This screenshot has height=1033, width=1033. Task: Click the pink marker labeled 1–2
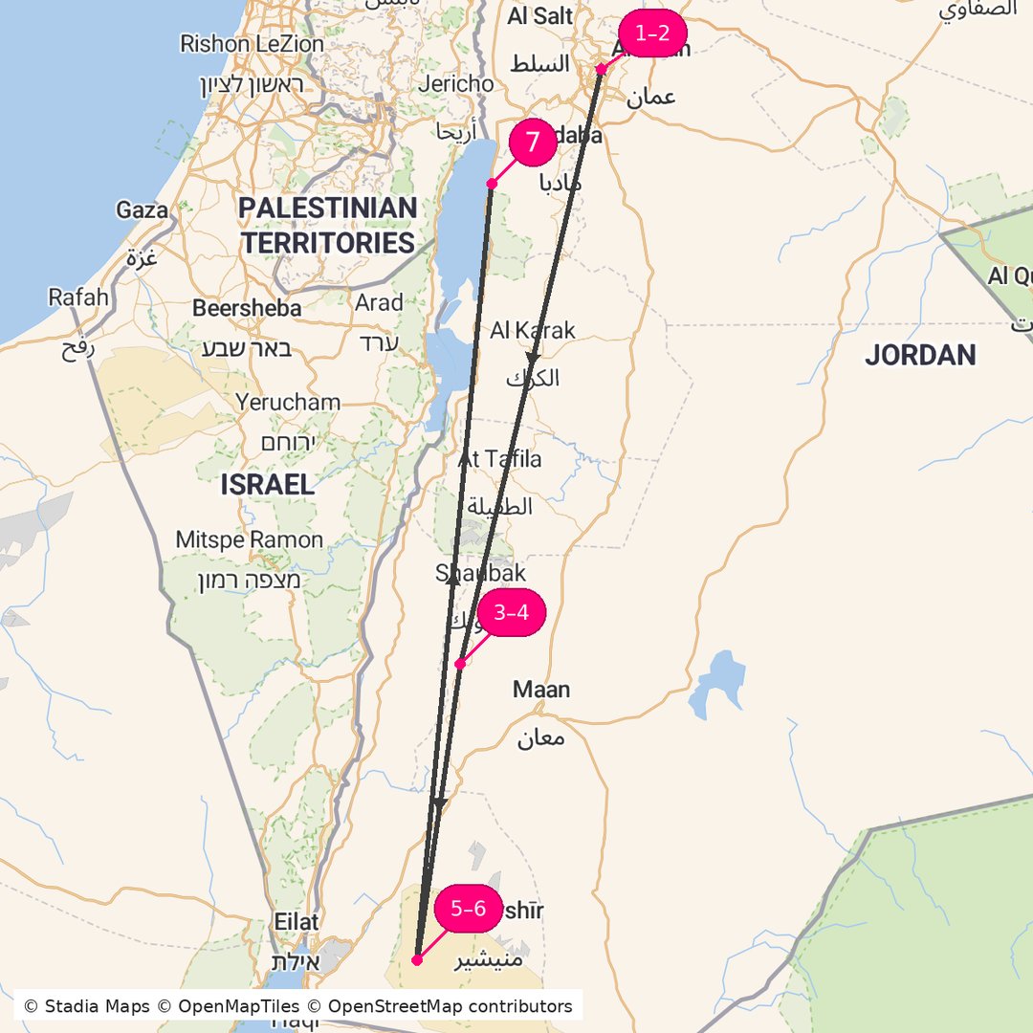[x=652, y=34]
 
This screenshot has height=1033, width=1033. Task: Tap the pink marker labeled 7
[x=533, y=143]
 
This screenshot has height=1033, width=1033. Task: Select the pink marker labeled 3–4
[x=511, y=612]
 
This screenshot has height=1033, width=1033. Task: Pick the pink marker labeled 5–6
[x=468, y=909]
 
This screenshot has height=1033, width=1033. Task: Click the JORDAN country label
[x=920, y=356]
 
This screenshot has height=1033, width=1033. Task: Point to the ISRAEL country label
[x=267, y=485]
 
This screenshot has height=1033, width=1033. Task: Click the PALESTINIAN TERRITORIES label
[x=328, y=226]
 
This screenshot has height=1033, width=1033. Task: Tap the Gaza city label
[x=142, y=210]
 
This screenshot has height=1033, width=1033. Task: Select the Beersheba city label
[x=247, y=308]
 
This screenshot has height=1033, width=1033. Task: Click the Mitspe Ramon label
[x=249, y=540]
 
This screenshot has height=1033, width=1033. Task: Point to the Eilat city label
[x=296, y=922]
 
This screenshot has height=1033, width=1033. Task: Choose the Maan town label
[x=541, y=690]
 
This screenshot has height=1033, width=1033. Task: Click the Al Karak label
[x=533, y=331]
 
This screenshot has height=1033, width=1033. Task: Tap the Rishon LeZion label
[x=252, y=44]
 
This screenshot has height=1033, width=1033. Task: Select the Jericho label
[x=456, y=84]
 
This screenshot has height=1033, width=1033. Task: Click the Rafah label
[x=78, y=297]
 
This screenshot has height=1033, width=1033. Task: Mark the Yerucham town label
[x=288, y=402]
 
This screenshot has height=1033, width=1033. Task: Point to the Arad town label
[x=379, y=303]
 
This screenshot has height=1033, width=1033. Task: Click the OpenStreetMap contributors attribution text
[x=450, y=1006]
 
